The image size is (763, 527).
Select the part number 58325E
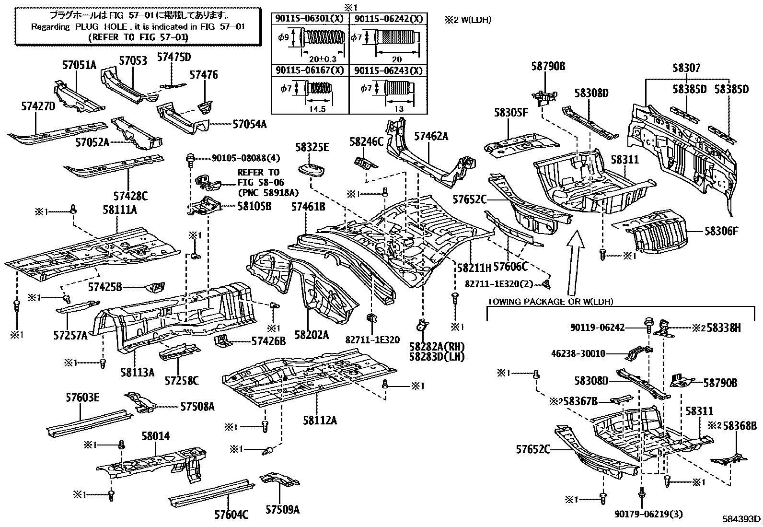312,147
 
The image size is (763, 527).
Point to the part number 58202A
312,335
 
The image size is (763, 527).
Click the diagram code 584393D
741,519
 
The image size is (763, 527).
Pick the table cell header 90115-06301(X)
310,19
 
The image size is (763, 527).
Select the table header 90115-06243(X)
389,70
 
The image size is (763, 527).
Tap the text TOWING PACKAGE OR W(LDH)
550,302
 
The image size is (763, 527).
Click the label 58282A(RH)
437,347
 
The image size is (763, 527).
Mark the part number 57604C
231,515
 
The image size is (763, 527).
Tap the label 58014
155,436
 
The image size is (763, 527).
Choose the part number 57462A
431,136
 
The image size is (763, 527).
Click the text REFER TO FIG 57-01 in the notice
138,36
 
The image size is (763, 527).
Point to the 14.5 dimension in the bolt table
317,109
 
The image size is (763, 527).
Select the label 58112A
320,421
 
